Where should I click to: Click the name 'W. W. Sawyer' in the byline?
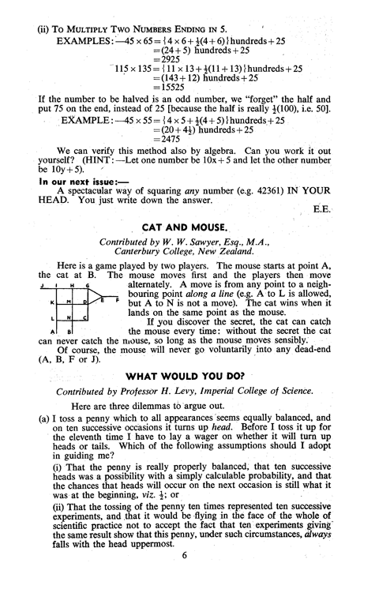(x=182, y=244)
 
